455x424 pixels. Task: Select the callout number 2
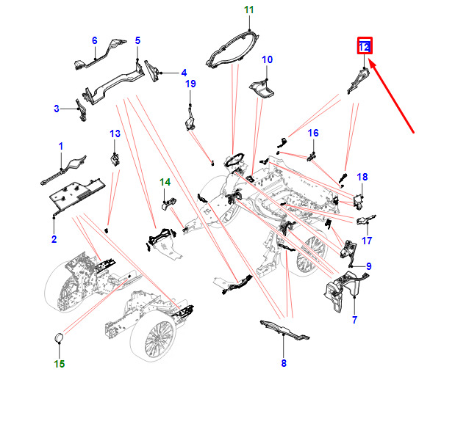54,240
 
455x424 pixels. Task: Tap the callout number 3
57,109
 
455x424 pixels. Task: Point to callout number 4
184,73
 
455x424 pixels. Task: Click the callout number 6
94,40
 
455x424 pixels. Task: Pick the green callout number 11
248,10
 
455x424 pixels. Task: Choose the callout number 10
267,59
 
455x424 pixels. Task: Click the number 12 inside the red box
365,47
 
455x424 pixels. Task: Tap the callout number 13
114,134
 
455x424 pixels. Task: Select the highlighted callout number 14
165,181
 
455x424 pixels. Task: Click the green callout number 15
60,363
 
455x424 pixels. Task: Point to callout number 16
313,134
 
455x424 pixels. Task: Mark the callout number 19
190,84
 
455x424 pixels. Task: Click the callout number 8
284,362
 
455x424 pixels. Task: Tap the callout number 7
354,321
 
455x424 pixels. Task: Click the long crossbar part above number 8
283,329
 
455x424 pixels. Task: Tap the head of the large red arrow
371,63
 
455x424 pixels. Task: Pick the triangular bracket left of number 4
155,70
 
